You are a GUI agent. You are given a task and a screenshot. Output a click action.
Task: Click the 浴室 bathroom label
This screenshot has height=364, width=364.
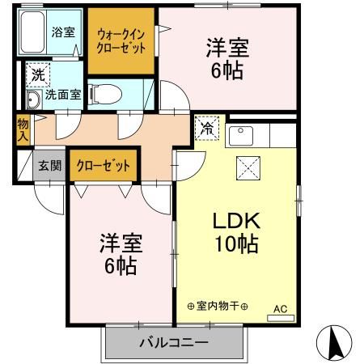[63, 32]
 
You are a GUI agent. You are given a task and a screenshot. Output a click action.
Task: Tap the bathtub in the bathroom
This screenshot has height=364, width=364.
[32, 32]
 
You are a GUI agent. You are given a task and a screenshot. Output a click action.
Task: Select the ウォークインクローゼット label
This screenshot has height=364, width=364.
[121, 41]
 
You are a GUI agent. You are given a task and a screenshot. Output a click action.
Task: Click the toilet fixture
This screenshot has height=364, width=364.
[105, 94]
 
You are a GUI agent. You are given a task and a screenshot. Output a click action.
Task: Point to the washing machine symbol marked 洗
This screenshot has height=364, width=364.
[38, 74]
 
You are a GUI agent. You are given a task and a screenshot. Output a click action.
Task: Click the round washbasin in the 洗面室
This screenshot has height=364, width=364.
[33, 99]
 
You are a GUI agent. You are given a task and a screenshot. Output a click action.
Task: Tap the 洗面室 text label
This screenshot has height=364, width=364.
[63, 95]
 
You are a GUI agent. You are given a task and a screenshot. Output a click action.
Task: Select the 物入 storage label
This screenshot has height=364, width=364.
[23, 130]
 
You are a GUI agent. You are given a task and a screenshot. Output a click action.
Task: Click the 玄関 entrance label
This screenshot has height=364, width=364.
[50, 166]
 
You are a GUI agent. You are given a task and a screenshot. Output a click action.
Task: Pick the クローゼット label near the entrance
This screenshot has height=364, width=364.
[104, 166]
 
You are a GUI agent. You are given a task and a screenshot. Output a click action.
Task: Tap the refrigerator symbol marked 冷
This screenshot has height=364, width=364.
[207, 128]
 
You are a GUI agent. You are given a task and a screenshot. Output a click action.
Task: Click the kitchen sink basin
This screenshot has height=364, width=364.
[241, 136]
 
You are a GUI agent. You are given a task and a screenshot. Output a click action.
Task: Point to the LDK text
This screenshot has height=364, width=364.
[236, 221]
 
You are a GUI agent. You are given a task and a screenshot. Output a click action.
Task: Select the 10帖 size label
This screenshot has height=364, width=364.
[236, 244]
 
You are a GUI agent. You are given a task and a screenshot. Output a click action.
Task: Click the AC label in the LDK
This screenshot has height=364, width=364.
[281, 309]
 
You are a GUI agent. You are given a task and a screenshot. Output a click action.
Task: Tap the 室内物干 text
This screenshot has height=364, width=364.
[218, 306]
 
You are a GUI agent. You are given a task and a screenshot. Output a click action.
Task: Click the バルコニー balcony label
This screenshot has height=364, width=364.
[174, 343]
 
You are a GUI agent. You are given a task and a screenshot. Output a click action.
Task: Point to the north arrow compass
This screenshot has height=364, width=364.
[334, 342]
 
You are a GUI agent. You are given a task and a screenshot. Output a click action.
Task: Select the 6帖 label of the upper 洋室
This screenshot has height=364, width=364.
[227, 71]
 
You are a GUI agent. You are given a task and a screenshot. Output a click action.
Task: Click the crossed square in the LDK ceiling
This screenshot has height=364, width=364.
[248, 168]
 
